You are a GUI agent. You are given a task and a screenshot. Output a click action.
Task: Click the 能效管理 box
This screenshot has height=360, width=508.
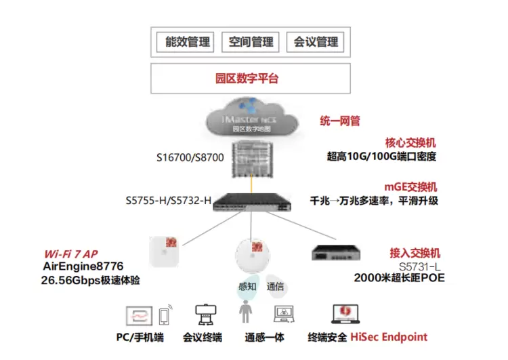coord(188,42)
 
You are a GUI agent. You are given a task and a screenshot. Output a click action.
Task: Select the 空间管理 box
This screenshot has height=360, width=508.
coord(251,42)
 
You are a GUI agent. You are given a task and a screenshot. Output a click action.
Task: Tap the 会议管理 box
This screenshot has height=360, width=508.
coord(315,42)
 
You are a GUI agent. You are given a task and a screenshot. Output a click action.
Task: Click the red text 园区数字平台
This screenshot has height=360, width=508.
coord(251,79)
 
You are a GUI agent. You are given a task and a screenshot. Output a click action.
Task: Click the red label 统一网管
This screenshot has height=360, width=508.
coord(340,121)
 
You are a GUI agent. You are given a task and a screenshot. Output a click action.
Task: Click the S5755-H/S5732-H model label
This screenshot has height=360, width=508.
coord(169,201)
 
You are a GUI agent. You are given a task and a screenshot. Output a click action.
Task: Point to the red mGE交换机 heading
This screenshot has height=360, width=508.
coord(411,186)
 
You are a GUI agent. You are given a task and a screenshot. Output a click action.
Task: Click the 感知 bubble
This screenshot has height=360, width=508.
coord(247,286)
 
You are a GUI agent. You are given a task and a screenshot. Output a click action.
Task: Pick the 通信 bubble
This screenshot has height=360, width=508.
coord(276,285)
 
